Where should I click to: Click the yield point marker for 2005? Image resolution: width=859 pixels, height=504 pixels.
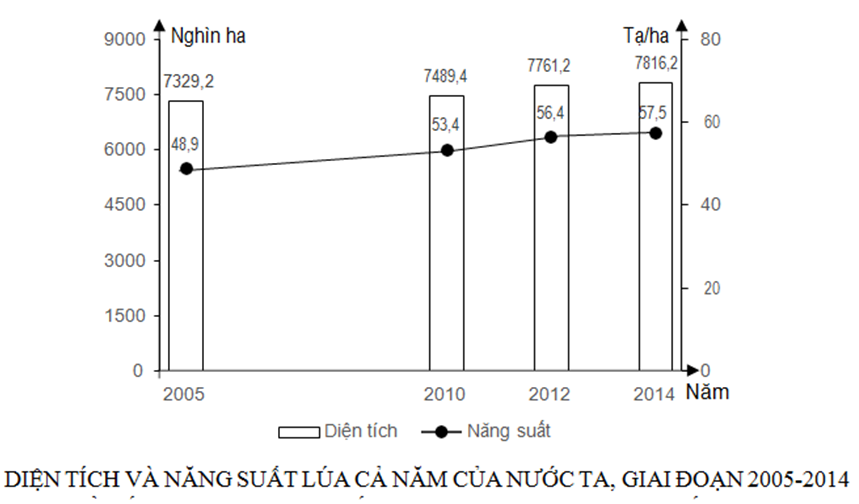click(x=186, y=169)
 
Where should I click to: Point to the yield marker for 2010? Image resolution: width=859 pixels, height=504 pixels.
click(x=447, y=151)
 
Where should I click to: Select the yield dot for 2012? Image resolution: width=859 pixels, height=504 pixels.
click(x=551, y=136)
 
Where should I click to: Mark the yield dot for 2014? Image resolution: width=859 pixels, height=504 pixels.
click(x=656, y=133)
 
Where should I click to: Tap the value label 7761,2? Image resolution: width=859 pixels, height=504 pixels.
click(x=549, y=65)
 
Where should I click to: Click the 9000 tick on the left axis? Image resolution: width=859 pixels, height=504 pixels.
click(x=127, y=39)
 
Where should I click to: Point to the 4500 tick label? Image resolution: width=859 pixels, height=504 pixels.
click(x=127, y=205)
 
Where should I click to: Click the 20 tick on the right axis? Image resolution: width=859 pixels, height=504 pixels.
click(x=710, y=288)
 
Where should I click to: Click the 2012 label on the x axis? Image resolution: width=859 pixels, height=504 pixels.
click(x=551, y=393)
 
